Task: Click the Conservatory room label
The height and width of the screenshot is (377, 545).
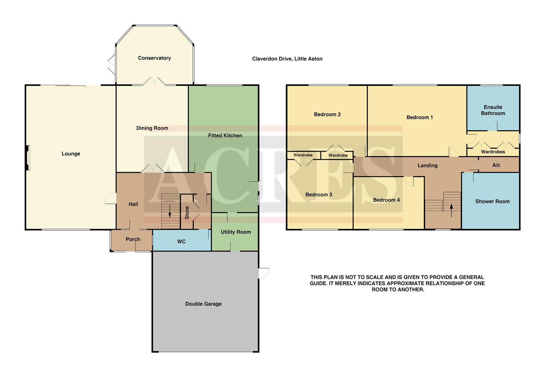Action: pyautogui.click(x=154, y=58)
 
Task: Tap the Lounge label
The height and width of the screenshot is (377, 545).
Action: pyautogui.click(x=71, y=154)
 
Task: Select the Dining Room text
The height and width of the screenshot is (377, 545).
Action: pyautogui.click(x=152, y=128)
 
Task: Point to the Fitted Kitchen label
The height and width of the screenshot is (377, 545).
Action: pyautogui.click(x=225, y=135)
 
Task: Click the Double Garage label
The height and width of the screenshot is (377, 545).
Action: pyautogui.click(x=203, y=304)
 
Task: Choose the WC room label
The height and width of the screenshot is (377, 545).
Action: pyautogui.click(x=181, y=242)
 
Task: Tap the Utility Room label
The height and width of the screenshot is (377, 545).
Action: pyautogui.click(x=236, y=232)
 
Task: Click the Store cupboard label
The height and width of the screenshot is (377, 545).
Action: pyautogui.click(x=187, y=213)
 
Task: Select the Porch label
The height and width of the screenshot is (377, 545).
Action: pyautogui.click(x=133, y=239)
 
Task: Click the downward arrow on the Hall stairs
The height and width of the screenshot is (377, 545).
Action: pyautogui.click(x=170, y=211)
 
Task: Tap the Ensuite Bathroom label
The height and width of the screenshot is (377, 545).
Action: pyautogui.click(x=493, y=110)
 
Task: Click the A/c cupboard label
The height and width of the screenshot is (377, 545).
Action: pyautogui.click(x=496, y=165)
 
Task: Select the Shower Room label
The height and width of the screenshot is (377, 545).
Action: pyautogui.click(x=492, y=201)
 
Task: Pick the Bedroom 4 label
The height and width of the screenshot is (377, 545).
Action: pyautogui.click(x=386, y=200)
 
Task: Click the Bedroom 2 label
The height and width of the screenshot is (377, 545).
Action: pyautogui.click(x=327, y=114)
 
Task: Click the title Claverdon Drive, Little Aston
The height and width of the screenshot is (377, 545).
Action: pyautogui.click(x=287, y=59)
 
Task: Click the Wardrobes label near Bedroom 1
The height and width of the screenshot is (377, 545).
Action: pyautogui.click(x=493, y=152)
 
